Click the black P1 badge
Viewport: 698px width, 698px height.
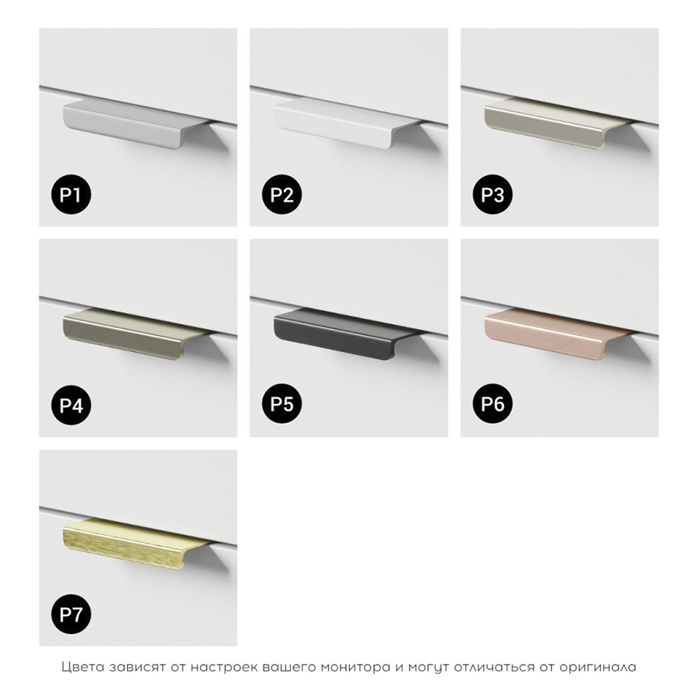[x=71, y=195]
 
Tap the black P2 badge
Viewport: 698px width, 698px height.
[x=282, y=195]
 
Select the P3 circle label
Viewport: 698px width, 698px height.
[x=492, y=195]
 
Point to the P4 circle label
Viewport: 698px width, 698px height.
[x=71, y=405]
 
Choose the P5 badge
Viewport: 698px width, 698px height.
[x=282, y=404]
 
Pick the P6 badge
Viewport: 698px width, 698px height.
[x=492, y=404]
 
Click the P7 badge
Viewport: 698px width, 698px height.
[x=71, y=615]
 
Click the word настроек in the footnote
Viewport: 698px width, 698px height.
[x=221, y=667]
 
